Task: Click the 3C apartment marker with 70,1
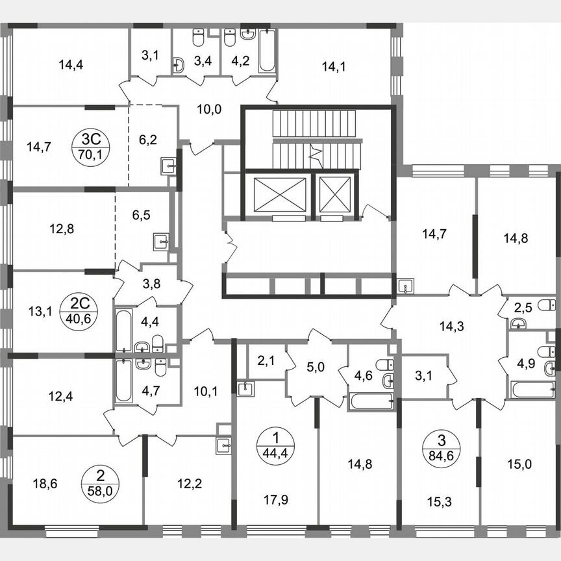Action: click(x=90, y=145)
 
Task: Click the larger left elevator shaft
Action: click(x=275, y=193)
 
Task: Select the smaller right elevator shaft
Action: click(x=336, y=193)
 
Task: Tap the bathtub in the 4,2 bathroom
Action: click(x=266, y=52)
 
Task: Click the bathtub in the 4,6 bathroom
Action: click(x=371, y=400)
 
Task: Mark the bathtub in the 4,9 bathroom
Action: click(x=532, y=390)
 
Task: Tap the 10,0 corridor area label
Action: click(x=209, y=109)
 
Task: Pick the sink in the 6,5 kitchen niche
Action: click(x=162, y=242)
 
